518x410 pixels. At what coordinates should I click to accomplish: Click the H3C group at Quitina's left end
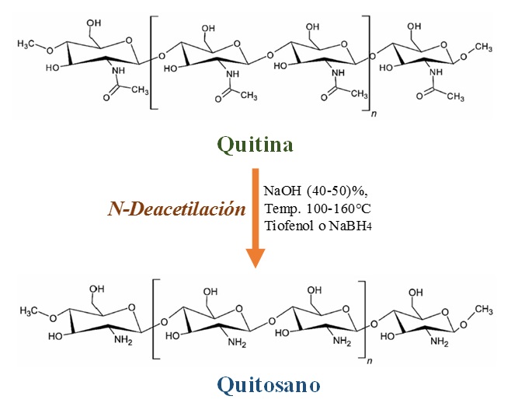(28, 45)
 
